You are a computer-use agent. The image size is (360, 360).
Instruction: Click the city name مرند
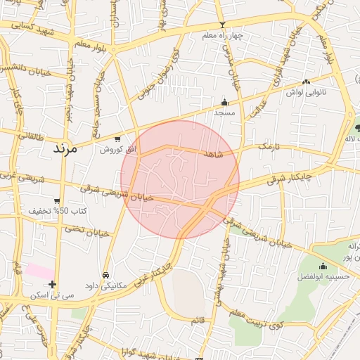click(68, 149)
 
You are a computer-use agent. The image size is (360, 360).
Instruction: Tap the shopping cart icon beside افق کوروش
click(117, 139)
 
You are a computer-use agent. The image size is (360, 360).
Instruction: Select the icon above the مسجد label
click(224, 102)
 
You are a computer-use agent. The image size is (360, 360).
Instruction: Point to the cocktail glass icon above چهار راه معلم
click(222, 25)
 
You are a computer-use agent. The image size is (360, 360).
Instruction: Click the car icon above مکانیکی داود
click(105, 275)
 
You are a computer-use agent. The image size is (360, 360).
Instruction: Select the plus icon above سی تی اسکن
click(52, 285)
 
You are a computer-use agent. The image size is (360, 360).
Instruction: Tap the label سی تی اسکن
click(52, 295)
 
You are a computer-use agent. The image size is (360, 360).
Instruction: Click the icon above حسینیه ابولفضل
click(323, 266)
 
